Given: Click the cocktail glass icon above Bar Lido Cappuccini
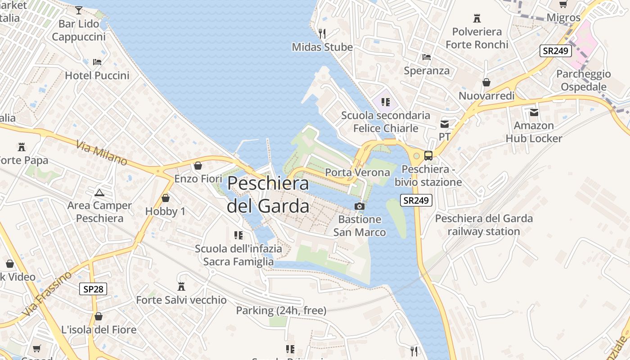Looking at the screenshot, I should coord(79,10).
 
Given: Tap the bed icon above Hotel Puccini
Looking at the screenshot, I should coord(97,62).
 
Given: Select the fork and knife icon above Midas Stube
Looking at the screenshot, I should coord(322,33).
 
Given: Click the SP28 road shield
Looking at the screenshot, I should coord(94,289).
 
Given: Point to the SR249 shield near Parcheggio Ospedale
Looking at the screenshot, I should coord(556,51).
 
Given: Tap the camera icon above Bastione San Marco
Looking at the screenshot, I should coord(359,206).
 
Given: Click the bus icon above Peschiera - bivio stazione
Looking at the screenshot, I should coord(428,156).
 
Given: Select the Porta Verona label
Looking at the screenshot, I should coord(357,172).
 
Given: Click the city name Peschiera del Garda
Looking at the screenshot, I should coord(268,194).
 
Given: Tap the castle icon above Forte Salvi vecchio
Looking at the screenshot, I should coord(181,286).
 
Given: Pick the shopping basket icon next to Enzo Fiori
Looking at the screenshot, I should coord(198,166).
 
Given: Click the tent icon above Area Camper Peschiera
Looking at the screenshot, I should coord(99,193).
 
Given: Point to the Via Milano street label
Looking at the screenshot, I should coord(102,153).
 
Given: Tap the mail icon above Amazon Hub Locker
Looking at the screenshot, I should coord(534,112).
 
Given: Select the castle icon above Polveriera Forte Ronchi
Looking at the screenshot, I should coord(477,18).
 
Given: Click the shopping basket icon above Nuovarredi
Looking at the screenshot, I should coord(486,82).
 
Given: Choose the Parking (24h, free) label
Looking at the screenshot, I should coord(281,310).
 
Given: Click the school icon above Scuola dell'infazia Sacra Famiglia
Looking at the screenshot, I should coord(238,235).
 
